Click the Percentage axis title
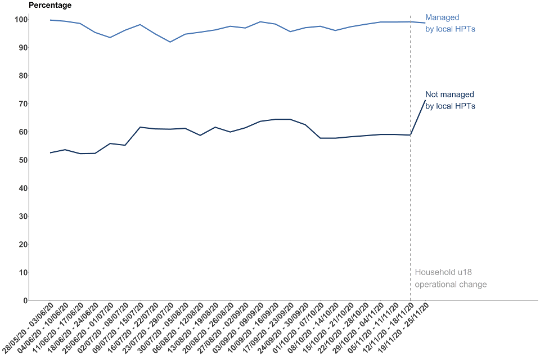click(49, 6)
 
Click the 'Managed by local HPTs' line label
click(450, 23)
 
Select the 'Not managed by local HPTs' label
click(450, 100)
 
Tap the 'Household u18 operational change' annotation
click(451, 278)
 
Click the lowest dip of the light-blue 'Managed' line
click(170, 42)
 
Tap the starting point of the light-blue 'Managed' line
click(51, 20)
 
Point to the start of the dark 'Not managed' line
click(51, 153)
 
